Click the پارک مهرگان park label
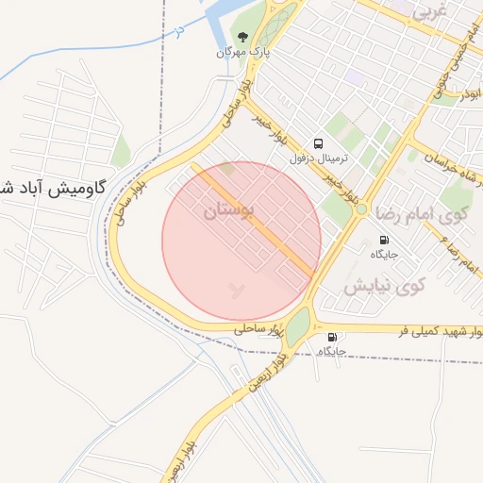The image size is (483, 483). (244, 54)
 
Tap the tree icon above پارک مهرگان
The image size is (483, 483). (244, 38)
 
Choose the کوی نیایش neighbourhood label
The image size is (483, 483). (385, 284)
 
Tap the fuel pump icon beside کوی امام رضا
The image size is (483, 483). (384, 239)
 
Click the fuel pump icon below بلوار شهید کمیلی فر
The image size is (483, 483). (331, 337)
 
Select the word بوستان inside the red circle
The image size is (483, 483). (228, 213)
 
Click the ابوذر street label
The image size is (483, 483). (472, 94)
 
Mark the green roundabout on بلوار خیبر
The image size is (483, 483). (361, 208)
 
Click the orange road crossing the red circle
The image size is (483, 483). (255, 222)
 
